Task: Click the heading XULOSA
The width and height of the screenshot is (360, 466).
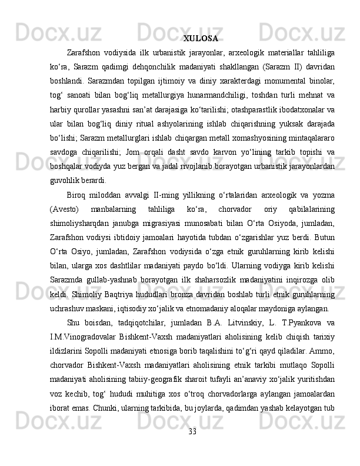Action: [x=201, y=39]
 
